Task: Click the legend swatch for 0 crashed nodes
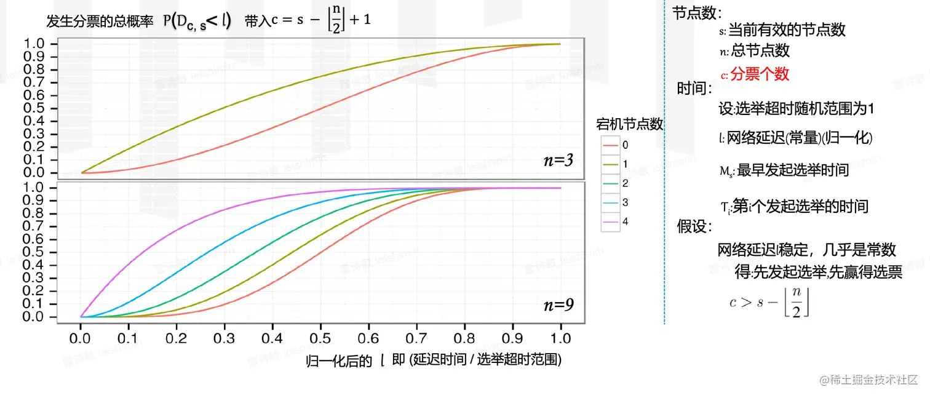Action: pyautogui.click(x=611, y=145)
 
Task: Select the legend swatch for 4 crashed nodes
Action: pyautogui.click(x=611, y=221)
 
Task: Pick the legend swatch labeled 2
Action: pyautogui.click(x=611, y=183)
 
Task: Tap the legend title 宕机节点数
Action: pyautogui.click(x=630, y=124)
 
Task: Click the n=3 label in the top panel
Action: pyautogui.click(x=558, y=161)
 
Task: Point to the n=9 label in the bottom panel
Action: pyautogui.click(x=558, y=304)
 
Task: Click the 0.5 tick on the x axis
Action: pyautogui.click(x=320, y=338)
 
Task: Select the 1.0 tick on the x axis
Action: pyautogui.click(x=560, y=338)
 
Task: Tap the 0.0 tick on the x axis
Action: pyautogui.click(x=81, y=338)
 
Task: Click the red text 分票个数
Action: pyautogui.click(x=760, y=74)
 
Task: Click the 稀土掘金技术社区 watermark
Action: pyautogui.click(x=868, y=380)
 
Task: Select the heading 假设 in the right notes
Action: pyautogui.click(x=694, y=226)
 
